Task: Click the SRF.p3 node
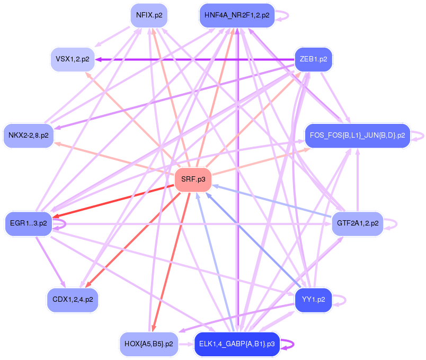tap(193, 180)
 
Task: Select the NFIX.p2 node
tap(149, 15)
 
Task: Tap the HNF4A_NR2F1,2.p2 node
tap(237, 15)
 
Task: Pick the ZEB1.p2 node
tap(313, 59)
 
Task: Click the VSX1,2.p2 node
tap(73, 59)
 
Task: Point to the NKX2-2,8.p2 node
tap(29, 136)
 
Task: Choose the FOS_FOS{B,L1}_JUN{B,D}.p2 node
tap(357, 136)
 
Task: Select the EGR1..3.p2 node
tap(29, 223)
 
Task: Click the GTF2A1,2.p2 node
tap(357, 223)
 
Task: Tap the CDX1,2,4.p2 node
tap(73, 300)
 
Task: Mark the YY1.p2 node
tap(313, 300)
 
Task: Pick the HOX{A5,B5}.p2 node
tap(148, 344)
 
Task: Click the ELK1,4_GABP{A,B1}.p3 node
tap(237, 344)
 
